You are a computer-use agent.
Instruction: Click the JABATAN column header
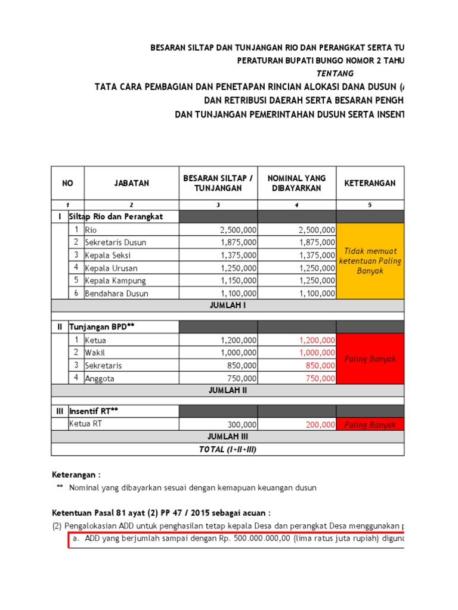pyautogui.click(x=131, y=183)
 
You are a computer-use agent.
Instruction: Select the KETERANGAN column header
pyautogui.click(x=370, y=183)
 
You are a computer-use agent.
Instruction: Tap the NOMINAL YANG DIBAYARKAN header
pyautogui.click(x=296, y=183)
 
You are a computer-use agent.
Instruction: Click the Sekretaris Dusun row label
pyautogui.click(x=115, y=242)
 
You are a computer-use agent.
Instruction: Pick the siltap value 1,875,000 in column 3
pyautogui.click(x=239, y=242)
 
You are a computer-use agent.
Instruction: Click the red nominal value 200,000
pyautogui.click(x=319, y=425)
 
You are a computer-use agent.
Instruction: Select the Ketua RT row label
pyautogui.click(x=86, y=424)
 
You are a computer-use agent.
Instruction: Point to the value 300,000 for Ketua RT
pyautogui.click(x=242, y=425)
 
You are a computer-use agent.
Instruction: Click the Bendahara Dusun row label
pyautogui.click(x=117, y=293)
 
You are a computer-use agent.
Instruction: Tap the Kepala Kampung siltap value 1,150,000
pyautogui.click(x=239, y=281)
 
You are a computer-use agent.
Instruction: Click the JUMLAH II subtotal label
pyautogui.click(x=228, y=391)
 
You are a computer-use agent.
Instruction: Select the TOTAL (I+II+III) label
pyautogui.click(x=228, y=449)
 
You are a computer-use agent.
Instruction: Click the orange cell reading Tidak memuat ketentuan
pyautogui.click(x=370, y=261)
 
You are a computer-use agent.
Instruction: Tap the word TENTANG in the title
pyautogui.click(x=334, y=73)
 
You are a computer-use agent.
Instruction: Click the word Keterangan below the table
pyautogui.click(x=74, y=474)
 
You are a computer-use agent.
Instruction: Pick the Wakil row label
pyautogui.click(x=95, y=353)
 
